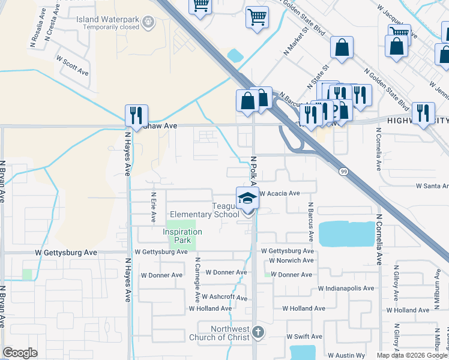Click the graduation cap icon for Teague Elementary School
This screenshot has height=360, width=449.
pos(247,199)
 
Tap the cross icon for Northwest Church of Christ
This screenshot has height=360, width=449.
pos(258,332)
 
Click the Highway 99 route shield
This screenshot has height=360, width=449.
pos(342,172)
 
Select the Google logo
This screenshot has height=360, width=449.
pos(20,353)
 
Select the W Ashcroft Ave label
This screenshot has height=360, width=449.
pos(224,297)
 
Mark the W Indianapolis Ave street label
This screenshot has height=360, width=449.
pos(346,288)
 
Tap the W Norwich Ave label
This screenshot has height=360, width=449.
pos(291,260)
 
